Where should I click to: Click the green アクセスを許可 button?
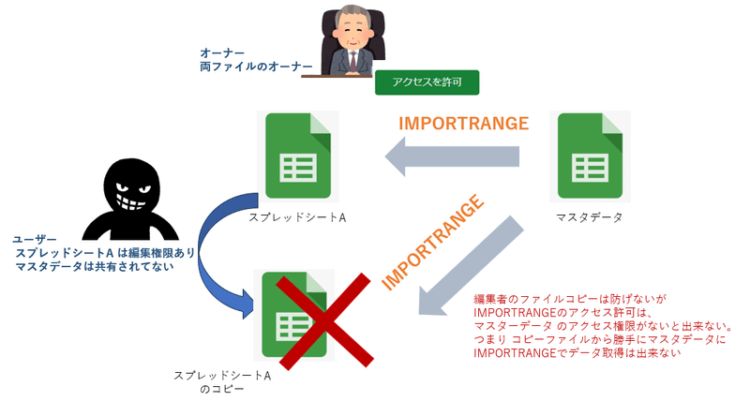coord(427,82)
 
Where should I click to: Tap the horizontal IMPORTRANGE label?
coord(463,124)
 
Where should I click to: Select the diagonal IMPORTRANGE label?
coord(433,242)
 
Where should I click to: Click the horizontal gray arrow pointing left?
coord(452,156)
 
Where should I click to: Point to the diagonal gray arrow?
coord(472,265)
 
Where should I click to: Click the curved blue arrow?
coord(205,258)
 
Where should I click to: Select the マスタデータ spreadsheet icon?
coord(590,156)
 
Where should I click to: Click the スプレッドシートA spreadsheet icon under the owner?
coord(298,156)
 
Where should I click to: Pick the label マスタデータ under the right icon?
coord(590,217)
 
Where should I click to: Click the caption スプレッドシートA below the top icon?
coord(297,217)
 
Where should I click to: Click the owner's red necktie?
coord(353,60)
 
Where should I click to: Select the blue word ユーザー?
coord(35,239)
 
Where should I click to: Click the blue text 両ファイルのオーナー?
coord(256,67)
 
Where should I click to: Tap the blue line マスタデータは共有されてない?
coord(95,266)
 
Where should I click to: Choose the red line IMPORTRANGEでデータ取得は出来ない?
coord(577,352)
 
